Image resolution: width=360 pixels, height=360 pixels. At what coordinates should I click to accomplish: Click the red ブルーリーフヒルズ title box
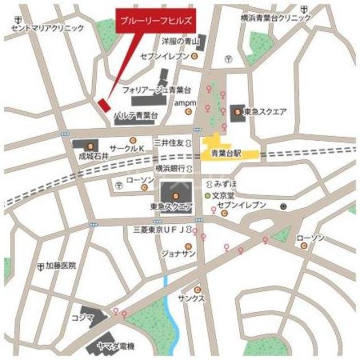(x=155, y=21)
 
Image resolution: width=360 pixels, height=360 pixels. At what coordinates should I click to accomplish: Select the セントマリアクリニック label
(x=47, y=27)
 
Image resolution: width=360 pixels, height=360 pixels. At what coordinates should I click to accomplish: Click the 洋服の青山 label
(x=181, y=42)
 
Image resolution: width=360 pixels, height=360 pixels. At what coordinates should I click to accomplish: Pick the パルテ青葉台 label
(x=135, y=115)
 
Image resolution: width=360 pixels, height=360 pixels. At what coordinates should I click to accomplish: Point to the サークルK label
(x=127, y=148)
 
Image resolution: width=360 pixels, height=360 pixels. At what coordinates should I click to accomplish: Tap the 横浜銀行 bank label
(x=170, y=169)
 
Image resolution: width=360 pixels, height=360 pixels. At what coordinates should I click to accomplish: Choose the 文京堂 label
(x=222, y=196)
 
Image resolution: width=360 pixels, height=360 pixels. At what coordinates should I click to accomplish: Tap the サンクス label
(x=191, y=299)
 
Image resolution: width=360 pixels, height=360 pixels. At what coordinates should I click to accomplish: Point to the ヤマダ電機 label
(x=115, y=345)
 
